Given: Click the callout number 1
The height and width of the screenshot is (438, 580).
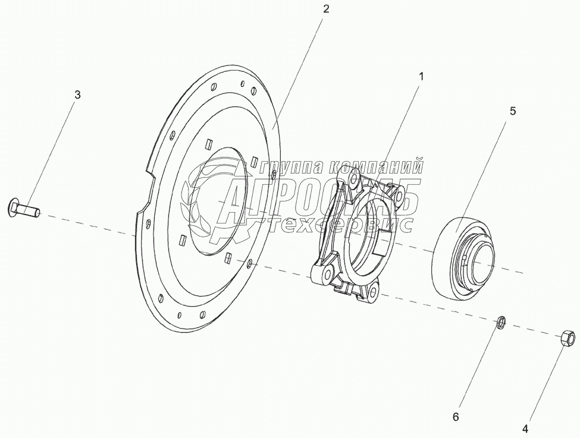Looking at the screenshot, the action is point(421,77).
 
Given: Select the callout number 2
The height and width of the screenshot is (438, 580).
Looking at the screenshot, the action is point(325,10).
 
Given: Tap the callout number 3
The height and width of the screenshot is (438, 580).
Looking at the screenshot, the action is point(77,95).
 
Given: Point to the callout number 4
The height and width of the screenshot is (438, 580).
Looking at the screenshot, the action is point(525,429).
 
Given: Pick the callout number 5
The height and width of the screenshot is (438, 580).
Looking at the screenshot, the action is point(513,111).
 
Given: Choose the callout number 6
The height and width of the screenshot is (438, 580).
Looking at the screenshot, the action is point(455,417).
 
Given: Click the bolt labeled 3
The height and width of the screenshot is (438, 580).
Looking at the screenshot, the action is point(24,209).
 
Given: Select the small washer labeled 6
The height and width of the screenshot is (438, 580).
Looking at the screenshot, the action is point(501,322).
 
